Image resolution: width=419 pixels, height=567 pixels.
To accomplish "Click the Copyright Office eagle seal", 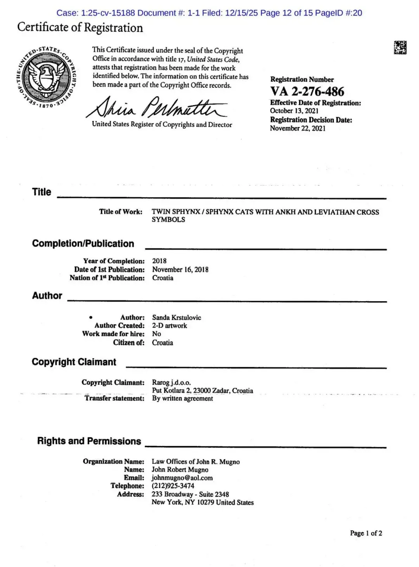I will (47, 76).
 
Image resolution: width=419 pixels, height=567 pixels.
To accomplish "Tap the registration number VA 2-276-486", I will (307, 91).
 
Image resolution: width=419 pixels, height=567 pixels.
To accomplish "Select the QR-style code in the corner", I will (400, 47).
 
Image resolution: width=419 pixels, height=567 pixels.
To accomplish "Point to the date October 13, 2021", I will (294, 111).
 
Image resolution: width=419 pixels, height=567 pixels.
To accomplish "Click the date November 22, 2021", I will (298, 128).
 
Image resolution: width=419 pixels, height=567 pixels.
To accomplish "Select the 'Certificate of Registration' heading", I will (80, 28).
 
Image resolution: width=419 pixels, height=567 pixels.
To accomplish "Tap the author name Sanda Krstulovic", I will (177, 317).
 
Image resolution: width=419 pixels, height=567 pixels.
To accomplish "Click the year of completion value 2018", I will (159, 261).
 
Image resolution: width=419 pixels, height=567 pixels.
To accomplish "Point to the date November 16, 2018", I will (180, 269).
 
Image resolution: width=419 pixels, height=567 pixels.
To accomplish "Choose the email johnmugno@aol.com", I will (182, 478).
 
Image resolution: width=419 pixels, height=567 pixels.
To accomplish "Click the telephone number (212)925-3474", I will (173, 486).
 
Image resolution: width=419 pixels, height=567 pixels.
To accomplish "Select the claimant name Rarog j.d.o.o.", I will (171, 383).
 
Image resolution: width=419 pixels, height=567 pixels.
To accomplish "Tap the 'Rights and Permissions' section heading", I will (89, 441).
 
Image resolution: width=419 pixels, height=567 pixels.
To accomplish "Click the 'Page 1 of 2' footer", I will (366, 533).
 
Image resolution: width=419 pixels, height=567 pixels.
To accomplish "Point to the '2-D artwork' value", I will (169, 326).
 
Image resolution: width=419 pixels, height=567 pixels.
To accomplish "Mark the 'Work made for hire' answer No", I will (156, 334).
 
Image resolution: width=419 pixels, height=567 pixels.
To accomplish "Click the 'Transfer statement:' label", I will (114, 398).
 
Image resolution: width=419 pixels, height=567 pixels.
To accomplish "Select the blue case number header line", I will (209, 13).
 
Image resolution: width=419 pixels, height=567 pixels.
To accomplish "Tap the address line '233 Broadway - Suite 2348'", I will (190, 494).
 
